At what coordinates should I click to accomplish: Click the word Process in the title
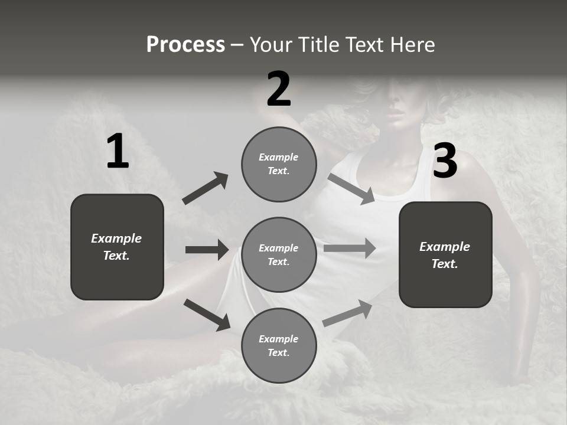point(185,45)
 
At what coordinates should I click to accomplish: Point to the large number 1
point(118,152)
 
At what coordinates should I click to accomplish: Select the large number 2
point(279,89)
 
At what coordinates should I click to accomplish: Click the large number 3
point(445,161)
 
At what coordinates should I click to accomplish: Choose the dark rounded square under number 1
point(117,247)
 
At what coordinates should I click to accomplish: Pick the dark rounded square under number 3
point(445,255)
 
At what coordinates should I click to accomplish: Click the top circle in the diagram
point(279,164)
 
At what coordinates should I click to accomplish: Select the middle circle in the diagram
point(279,255)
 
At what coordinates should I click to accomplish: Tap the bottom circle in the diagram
point(279,346)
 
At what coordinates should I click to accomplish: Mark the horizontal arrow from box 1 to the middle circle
point(207,250)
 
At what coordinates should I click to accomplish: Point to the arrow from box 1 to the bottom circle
point(207,315)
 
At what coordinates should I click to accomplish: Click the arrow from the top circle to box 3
point(351,189)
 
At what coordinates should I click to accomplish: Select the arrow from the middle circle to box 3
point(350,248)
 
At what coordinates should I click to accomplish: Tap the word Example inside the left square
point(116,238)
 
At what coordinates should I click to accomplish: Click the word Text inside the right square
point(444,264)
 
